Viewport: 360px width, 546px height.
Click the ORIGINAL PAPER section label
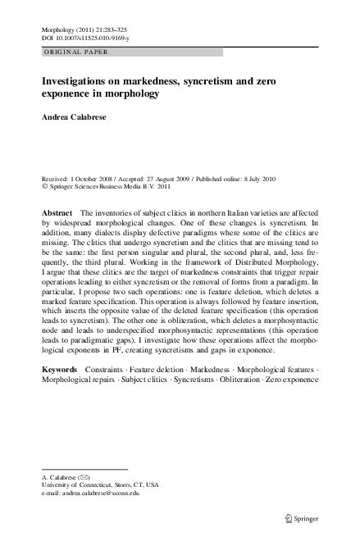[72, 52]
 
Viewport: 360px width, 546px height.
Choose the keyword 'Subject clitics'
[150, 382]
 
